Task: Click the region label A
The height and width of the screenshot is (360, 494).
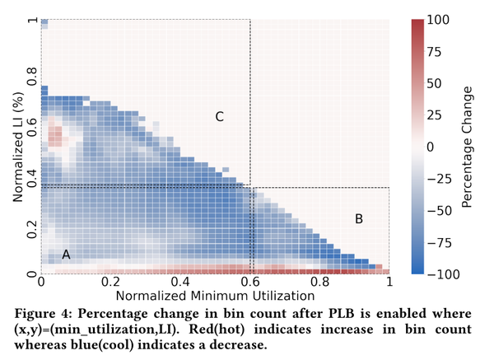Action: [x=67, y=255]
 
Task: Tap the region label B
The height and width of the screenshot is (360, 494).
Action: [x=358, y=218]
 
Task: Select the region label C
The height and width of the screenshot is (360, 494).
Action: [x=219, y=117]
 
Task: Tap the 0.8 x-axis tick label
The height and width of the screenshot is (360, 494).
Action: [x=319, y=281]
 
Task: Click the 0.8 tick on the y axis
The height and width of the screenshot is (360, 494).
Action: [x=31, y=83]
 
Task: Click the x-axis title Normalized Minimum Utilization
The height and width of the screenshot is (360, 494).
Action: [x=215, y=294]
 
